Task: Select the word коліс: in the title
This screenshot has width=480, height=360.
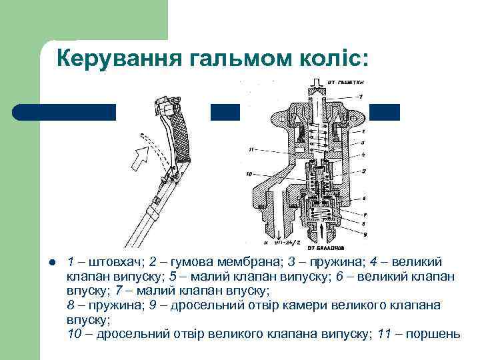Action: pyautogui.click(x=333, y=59)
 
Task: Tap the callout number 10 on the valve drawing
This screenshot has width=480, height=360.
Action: pyautogui.click(x=249, y=175)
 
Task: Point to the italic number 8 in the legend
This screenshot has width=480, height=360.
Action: pyautogui.click(x=71, y=305)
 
